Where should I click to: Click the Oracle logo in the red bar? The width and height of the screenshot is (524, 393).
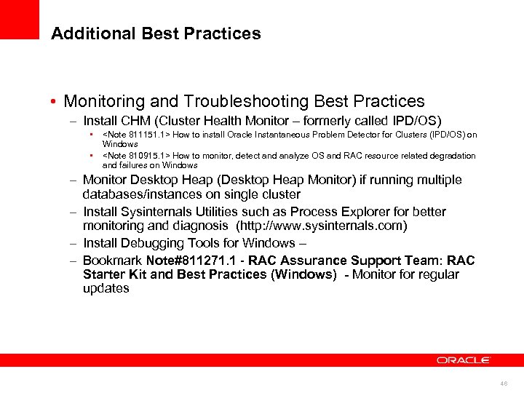tap(463, 360)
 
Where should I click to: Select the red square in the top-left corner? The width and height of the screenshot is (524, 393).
tap(20, 19)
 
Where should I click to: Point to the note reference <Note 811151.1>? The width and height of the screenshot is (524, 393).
tap(136, 135)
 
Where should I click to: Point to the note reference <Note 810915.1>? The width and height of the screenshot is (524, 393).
tap(136, 156)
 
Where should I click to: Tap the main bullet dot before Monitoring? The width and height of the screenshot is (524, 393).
tap(55, 102)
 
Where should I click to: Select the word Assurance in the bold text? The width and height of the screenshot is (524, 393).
tap(314, 261)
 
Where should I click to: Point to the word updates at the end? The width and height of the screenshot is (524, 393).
tap(106, 288)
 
